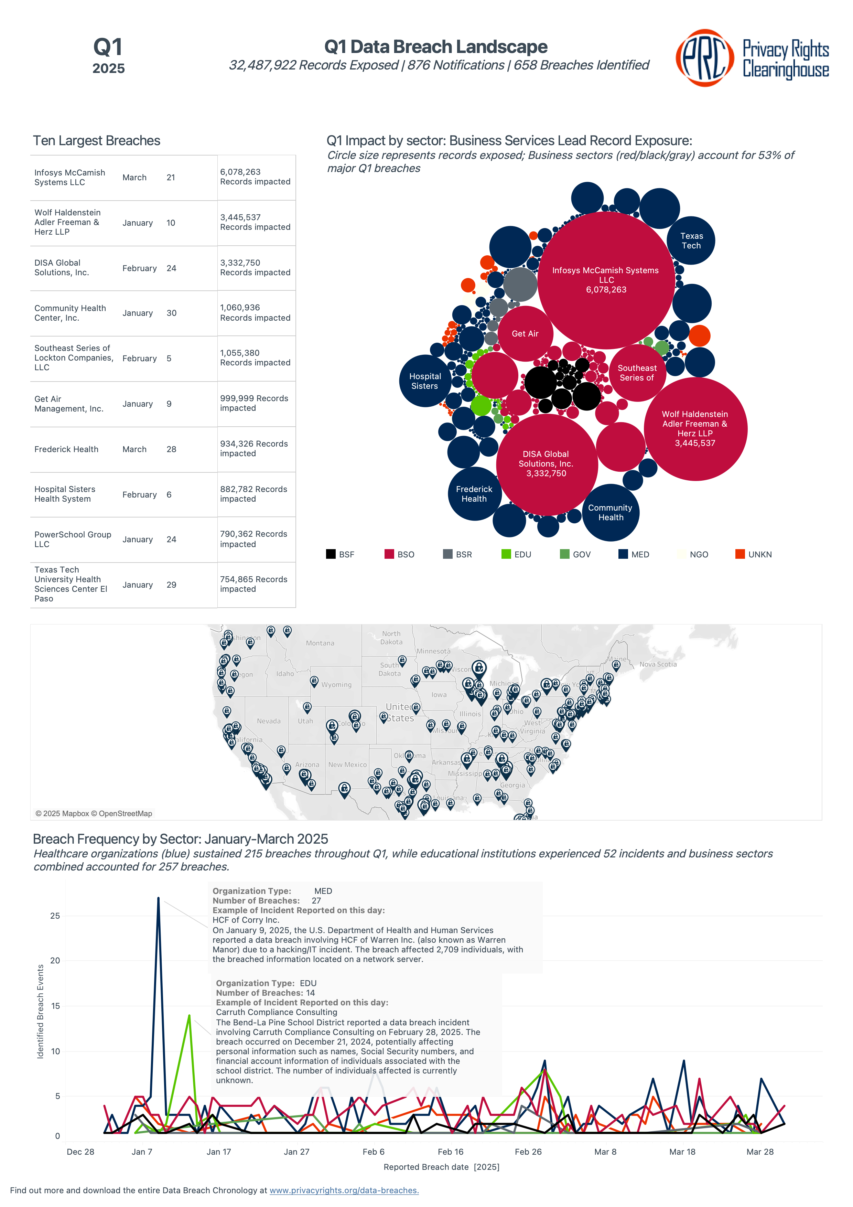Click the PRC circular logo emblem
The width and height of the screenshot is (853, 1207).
click(x=704, y=57)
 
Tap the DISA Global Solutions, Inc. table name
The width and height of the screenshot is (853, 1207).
click(x=62, y=268)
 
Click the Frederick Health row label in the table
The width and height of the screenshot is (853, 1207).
click(x=66, y=449)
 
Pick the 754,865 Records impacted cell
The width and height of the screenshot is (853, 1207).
click(x=253, y=584)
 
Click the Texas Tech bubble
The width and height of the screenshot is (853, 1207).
click(x=691, y=241)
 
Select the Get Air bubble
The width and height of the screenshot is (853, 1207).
click(x=525, y=333)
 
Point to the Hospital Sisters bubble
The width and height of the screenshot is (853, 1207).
click(x=425, y=381)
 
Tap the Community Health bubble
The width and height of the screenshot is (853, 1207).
click(x=610, y=513)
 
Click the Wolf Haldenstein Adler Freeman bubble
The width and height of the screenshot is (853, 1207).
click(x=695, y=428)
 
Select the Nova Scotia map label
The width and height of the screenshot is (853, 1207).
click(x=658, y=664)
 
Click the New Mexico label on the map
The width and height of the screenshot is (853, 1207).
click(x=347, y=765)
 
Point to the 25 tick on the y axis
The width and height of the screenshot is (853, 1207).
click(x=55, y=916)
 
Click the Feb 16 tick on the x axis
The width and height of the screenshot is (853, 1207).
click(x=451, y=1152)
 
